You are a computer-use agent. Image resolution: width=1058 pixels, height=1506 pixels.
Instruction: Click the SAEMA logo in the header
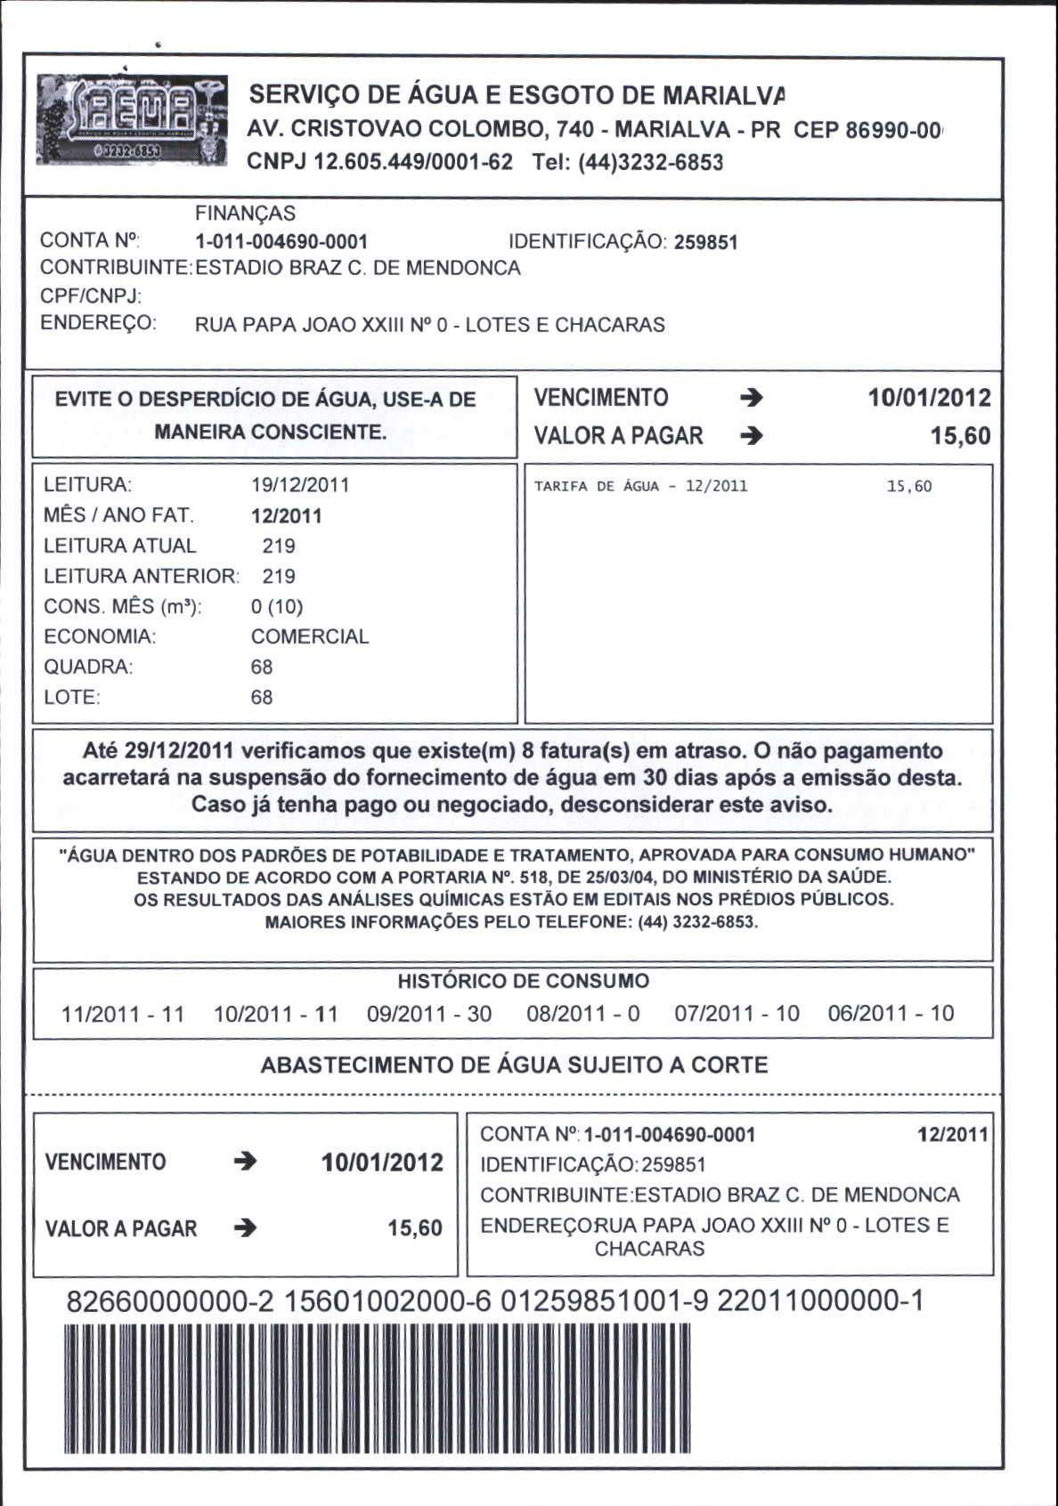(x=132, y=119)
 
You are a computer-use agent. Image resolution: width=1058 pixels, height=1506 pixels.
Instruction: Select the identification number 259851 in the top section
(x=705, y=242)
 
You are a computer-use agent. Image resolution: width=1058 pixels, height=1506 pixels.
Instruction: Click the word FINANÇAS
(x=245, y=214)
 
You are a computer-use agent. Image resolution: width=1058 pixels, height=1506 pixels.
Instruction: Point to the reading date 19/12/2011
(x=300, y=485)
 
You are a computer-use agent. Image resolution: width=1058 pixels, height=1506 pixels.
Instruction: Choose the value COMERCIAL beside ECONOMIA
(x=309, y=636)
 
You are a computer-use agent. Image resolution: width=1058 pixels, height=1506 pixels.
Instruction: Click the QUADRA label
(x=87, y=667)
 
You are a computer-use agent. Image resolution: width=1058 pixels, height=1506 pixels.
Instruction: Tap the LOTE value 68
(x=262, y=697)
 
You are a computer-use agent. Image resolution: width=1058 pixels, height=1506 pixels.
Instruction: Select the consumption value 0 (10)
(x=277, y=606)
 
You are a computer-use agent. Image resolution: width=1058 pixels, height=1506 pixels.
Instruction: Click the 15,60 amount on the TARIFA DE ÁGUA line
(x=908, y=486)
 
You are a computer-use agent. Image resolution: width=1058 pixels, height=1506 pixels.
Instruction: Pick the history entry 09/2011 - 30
(x=429, y=1014)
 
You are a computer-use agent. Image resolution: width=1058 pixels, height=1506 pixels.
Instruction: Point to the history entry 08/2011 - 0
(x=582, y=1014)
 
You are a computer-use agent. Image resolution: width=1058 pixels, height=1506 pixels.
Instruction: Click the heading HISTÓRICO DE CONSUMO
(x=523, y=982)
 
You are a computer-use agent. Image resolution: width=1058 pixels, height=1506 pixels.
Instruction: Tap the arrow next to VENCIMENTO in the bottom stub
(x=245, y=1162)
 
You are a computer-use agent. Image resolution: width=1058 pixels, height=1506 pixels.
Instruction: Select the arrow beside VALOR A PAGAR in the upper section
(x=751, y=436)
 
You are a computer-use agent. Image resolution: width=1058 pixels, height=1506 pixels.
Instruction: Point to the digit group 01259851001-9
(x=604, y=1301)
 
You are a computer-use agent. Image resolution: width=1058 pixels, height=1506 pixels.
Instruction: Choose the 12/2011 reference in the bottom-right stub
(x=952, y=1135)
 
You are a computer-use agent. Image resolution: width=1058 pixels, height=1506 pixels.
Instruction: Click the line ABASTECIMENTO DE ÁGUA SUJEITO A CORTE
(x=514, y=1065)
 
